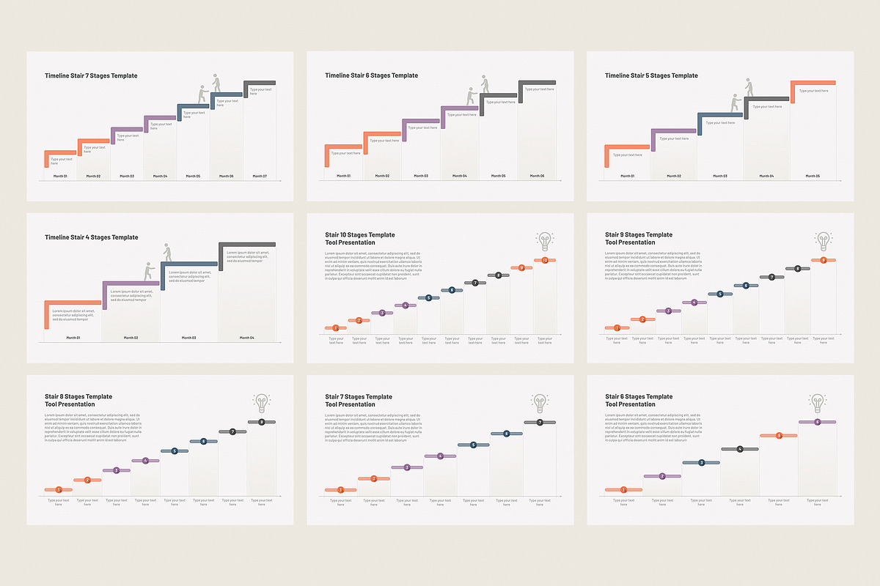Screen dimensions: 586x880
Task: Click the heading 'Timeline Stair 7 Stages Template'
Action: pos(91,75)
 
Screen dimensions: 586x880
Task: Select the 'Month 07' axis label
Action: pos(260,176)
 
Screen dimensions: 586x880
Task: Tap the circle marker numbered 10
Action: pos(545,261)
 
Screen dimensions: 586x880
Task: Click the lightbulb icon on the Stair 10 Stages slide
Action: pos(544,241)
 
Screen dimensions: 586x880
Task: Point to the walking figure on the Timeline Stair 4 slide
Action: pos(167,254)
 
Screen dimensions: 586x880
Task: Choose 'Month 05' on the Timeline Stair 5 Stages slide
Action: pos(813,176)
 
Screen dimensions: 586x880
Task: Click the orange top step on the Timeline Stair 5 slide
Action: pos(813,84)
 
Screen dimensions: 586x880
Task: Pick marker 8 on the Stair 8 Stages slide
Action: pos(262,423)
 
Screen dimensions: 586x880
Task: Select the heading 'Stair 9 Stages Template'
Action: pos(638,234)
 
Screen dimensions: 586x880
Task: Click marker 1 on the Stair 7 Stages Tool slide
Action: pos(340,490)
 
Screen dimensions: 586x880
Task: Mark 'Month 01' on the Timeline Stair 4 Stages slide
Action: pos(73,338)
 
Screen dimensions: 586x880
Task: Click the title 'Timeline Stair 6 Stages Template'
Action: pos(371,75)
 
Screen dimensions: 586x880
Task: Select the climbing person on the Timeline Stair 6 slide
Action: pos(484,84)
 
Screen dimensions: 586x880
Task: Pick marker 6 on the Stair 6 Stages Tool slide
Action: pos(817,422)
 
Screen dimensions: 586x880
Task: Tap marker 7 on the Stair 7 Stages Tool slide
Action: pos(540,423)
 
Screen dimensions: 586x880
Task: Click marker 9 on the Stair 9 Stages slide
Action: pos(824,261)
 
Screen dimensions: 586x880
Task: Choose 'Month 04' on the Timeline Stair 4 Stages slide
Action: pos(246,338)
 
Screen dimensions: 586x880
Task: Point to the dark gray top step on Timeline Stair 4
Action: pos(247,245)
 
